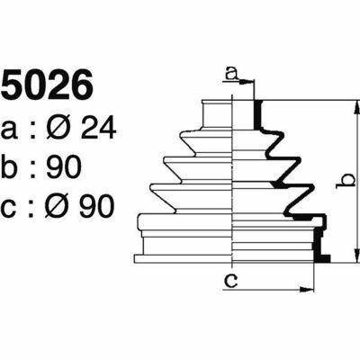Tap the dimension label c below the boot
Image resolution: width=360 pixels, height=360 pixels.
[231, 280]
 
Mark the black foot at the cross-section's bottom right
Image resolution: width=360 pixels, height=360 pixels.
[322, 258]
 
